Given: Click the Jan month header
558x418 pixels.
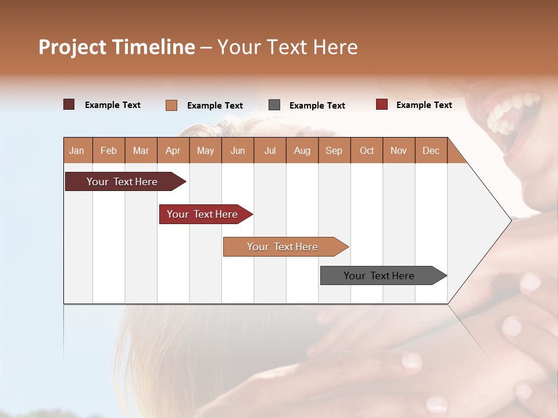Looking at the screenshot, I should pyautogui.click(x=77, y=150).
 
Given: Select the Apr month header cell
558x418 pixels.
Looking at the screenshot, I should pyautogui.click(x=173, y=150).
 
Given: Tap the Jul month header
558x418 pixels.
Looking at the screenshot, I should pyautogui.click(x=270, y=150).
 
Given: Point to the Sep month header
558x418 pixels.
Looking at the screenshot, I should pyautogui.click(x=334, y=150).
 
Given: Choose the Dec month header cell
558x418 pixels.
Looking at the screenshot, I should pyautogui.click(x=431, y=150).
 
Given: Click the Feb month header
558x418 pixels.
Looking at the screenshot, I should pyautogui.click(x=109, y=150).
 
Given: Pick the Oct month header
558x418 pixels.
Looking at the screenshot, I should pyautogui.click(x=367, y=150).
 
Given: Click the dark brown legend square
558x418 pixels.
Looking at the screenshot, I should pyautogui.click(x=69, y=105).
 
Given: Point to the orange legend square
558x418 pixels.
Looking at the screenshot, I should pyautogui.click(x=171, y=105).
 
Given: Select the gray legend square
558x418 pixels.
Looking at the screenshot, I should pyautogui.click(x=274, y=105).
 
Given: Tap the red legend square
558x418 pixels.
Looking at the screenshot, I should pyautogui.click(x=382, y=105).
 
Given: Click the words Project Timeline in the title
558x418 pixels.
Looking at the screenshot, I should pyautogui.click(x=116, y=47).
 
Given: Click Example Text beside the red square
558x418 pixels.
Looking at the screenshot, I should pyautogui.click(x=424, y=105).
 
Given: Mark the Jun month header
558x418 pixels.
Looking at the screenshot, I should pyautogui.click(x=238, y=150).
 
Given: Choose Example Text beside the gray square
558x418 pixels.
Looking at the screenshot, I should pyautogui.click(x=317, y=106).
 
